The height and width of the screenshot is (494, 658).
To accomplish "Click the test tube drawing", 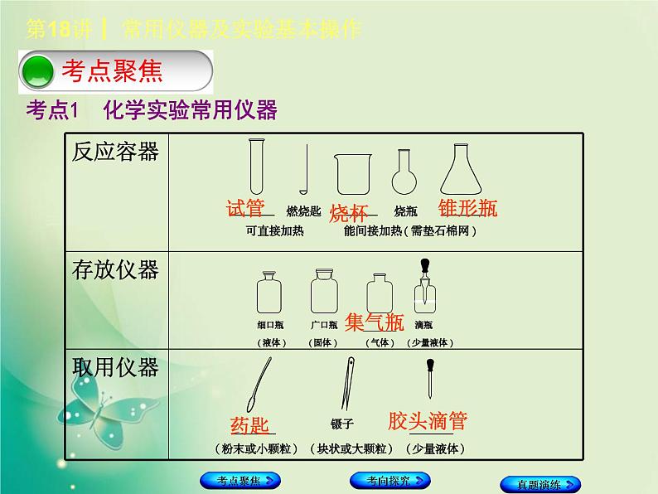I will point(256,167).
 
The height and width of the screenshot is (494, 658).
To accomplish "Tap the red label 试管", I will point(245,208).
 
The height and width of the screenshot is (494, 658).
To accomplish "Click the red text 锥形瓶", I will point(468,208).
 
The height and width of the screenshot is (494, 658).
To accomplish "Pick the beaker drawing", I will point(351,175).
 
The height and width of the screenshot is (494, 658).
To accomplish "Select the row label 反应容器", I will point(115,153).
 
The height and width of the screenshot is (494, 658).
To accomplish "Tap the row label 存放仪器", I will point(115,269).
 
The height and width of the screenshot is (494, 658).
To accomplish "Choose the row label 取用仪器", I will point(115,366).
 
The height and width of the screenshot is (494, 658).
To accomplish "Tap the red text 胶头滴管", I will point(428,420).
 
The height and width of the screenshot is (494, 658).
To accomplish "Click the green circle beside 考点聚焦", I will point(37,71).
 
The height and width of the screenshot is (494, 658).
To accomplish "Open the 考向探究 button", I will point(389,480).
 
